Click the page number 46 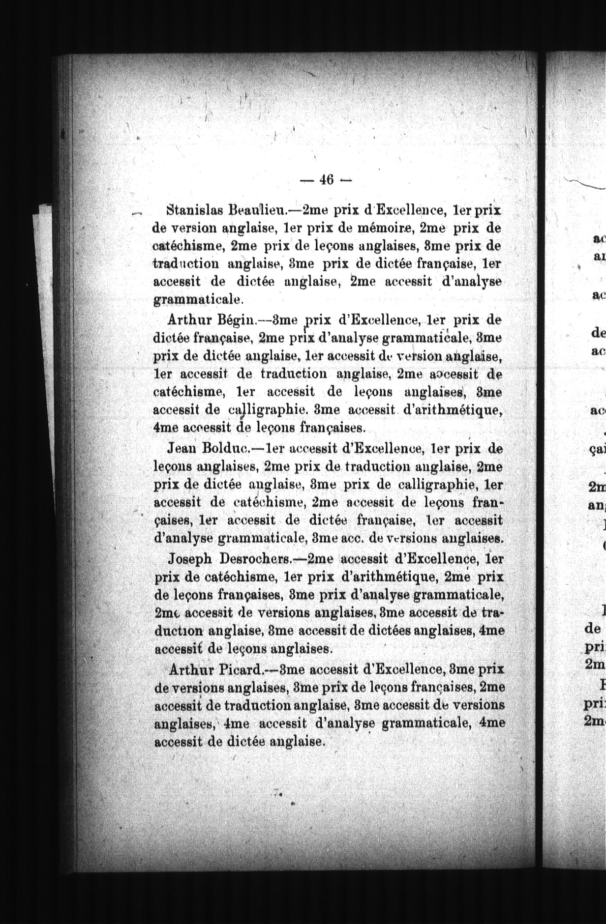tap(326, 180)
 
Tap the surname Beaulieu tap(258, 211)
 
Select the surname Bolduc tap(230, 448)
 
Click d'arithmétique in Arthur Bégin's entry tap(453, 410)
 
